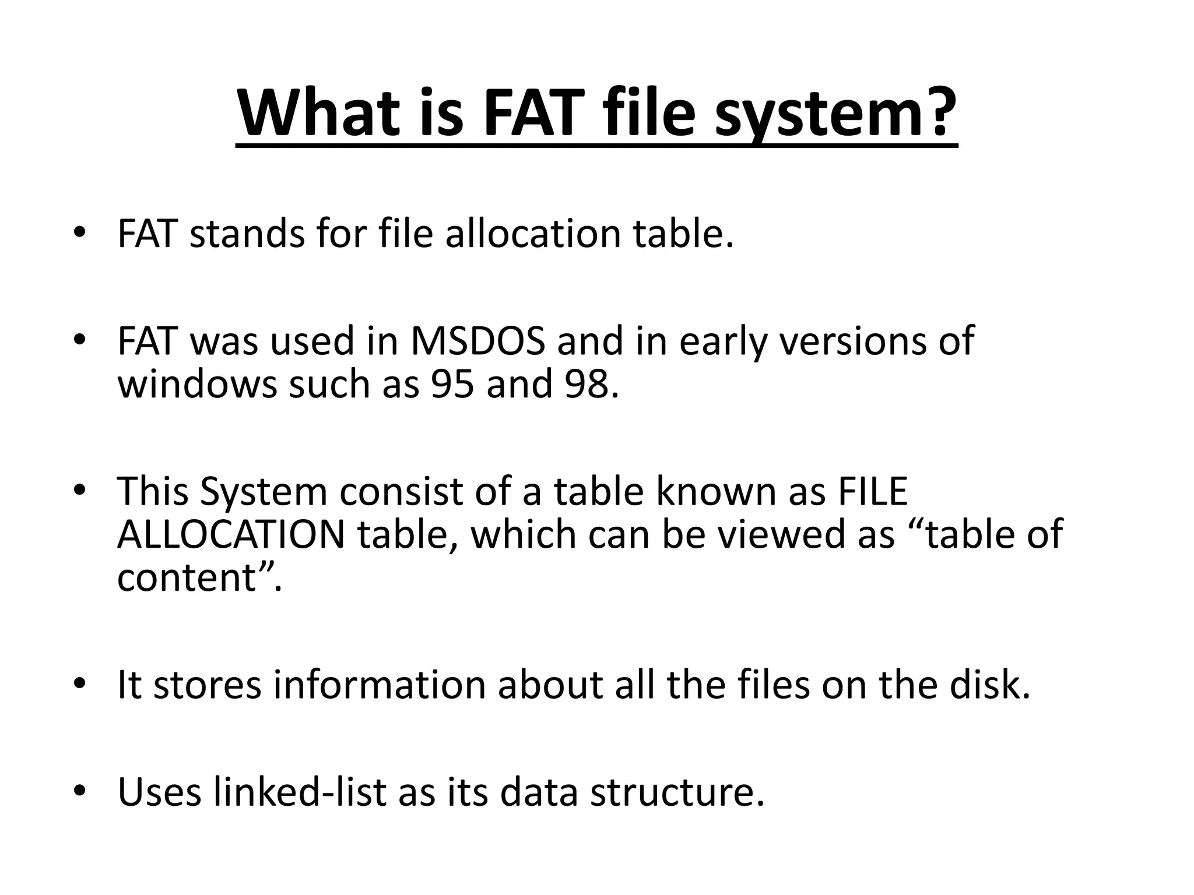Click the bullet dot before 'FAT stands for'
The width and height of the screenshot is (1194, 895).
pos(79,233)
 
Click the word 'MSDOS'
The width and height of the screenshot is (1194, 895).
pos(477,341)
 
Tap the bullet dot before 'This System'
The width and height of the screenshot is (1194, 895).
pos(79,491)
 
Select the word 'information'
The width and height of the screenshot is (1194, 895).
pos(380,685)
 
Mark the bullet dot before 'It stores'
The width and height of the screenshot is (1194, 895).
pos(79,685)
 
